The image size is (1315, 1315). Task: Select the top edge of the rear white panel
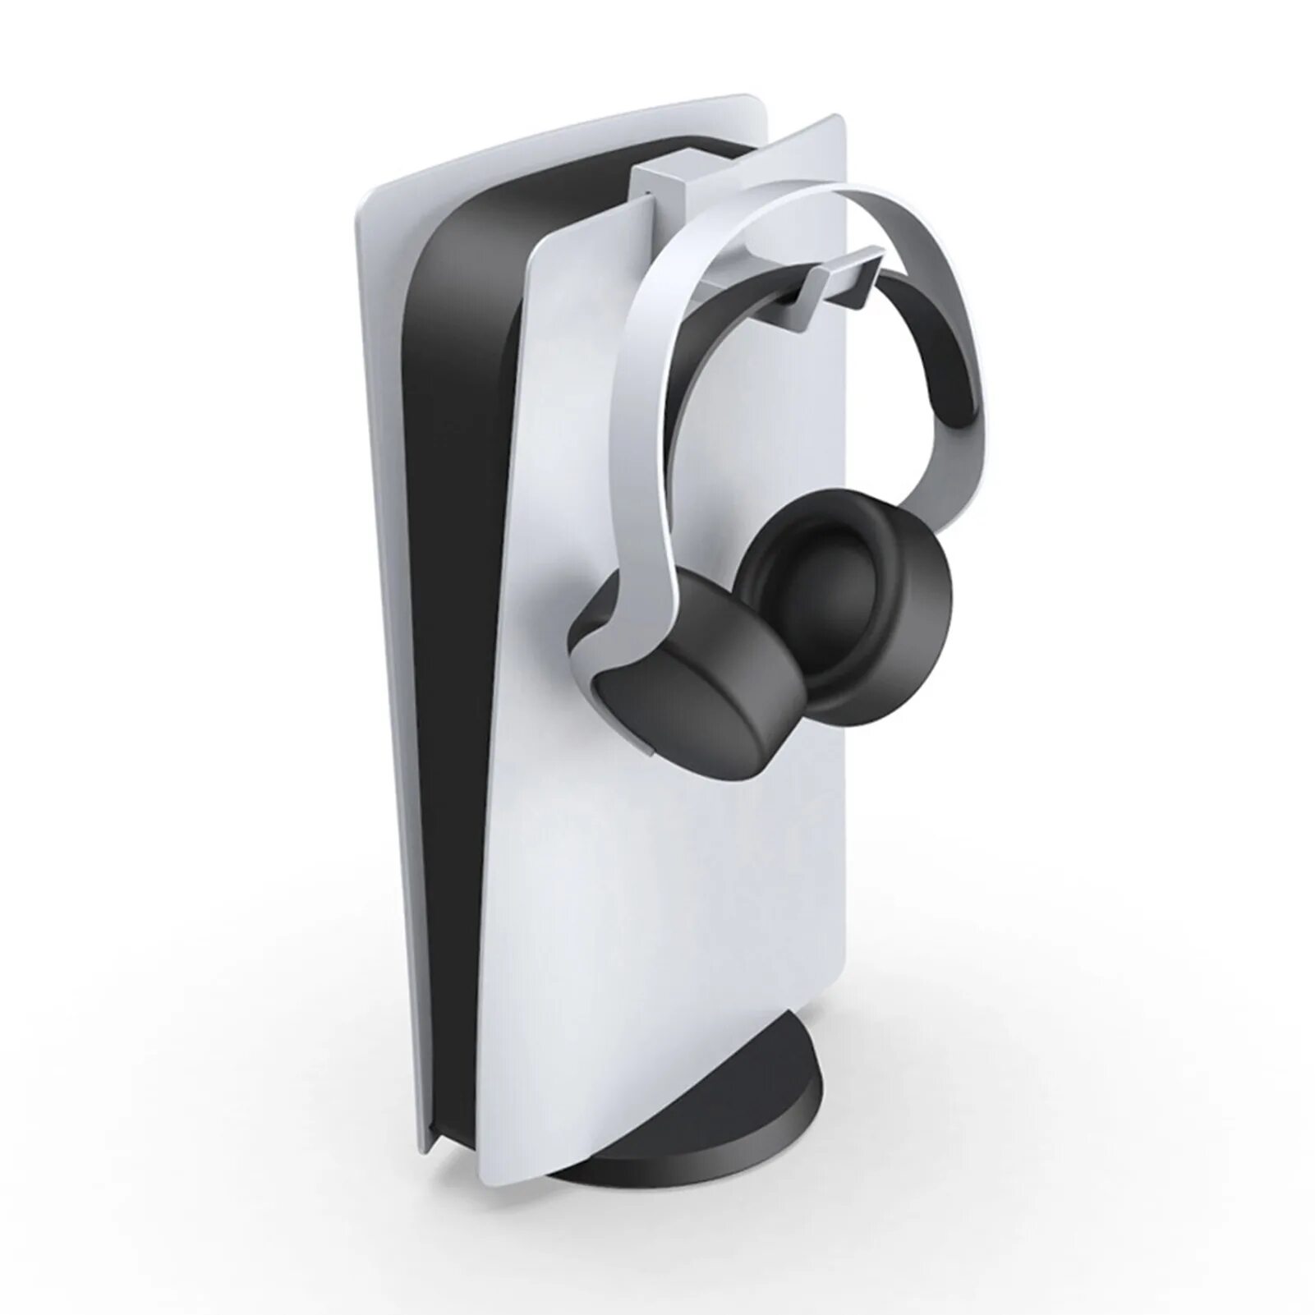coord(575,123)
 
